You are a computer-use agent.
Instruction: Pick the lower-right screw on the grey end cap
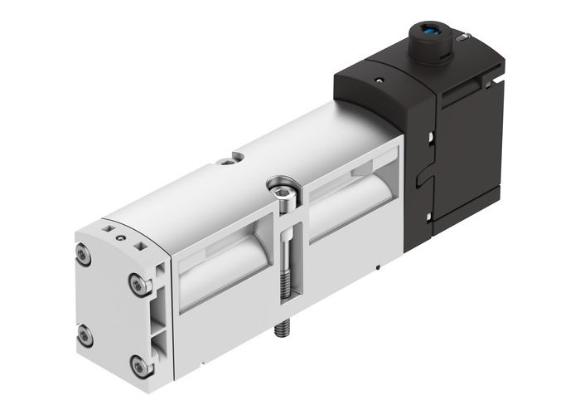coord(138,364)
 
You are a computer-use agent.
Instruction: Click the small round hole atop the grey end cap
coord(122,237)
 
